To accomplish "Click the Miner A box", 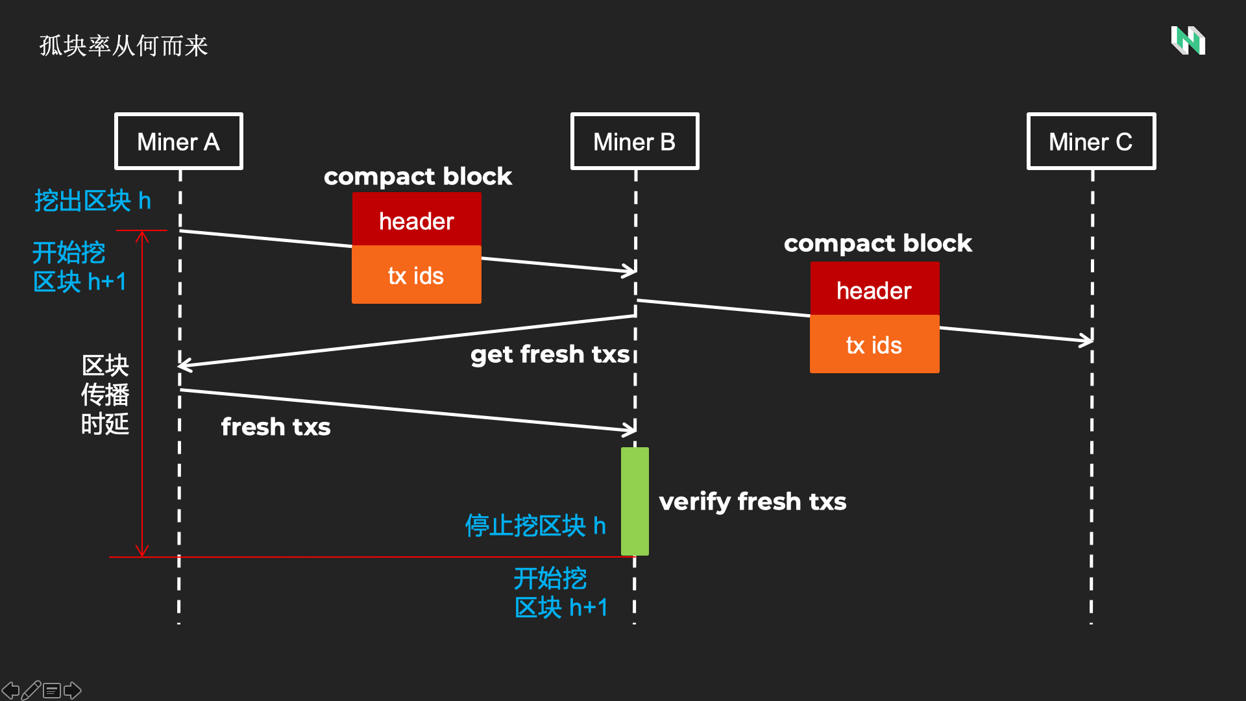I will coord(178,141).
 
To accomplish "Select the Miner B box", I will coord(634,141).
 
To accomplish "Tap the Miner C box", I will coord(1091,141).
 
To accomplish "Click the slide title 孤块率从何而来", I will coord(123,46).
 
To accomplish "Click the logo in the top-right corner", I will coord(1188,41).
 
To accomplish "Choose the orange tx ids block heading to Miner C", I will coord(874,345).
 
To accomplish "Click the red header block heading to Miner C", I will coord(874,289).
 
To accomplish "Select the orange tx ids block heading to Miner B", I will coord(416,275).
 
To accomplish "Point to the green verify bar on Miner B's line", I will coord(635,501).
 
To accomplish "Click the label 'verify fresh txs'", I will coord(753,502).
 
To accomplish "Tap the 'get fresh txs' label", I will coord(550,354).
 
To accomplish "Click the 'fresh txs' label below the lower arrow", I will coord(276,427).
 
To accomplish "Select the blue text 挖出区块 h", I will coord(92,201).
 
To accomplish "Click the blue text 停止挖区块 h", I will coord(535,526).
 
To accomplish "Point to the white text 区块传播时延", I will coord(105,395).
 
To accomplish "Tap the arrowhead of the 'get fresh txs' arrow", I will coord(184,365).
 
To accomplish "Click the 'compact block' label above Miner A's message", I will coord(417,177).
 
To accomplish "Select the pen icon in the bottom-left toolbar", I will coord(31,690).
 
